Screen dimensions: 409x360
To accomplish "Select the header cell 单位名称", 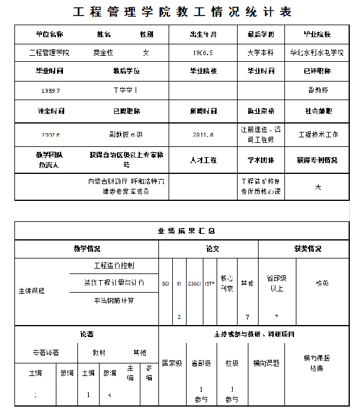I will pyautogui.click(x=49, y=34).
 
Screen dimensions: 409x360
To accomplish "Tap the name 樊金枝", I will pyautogui.click(x=103, y=53).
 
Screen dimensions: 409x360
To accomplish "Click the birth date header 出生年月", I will pyautogui.click(x=203, y=34).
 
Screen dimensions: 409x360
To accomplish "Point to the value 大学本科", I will pyautogui.click(x=260, y=53).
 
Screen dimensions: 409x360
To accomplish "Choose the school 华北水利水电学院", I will pyautogui.click(x=317, y=53).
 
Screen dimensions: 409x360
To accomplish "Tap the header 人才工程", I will pyautogui.click(x=203, y=160).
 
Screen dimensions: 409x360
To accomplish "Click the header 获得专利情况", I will pyautogui.click(x=317, y=160).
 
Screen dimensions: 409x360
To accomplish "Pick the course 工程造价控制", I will pyautogui.click(x=114, y=265).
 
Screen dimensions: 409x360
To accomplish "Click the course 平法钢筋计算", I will pyautogui.click(x=114, y=300).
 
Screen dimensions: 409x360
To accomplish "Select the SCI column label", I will pyautogui.click(x=166, y=283).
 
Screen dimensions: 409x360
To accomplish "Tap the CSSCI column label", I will pyautogui.click(x=194, y=283).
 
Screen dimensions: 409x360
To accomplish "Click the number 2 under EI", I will pyautogui.click(x=179, y=316).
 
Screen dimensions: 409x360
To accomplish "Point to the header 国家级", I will pyautogui.click(x=172, y=363).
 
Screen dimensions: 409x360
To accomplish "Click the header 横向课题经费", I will pyautogui.click(x=317, y=363).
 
